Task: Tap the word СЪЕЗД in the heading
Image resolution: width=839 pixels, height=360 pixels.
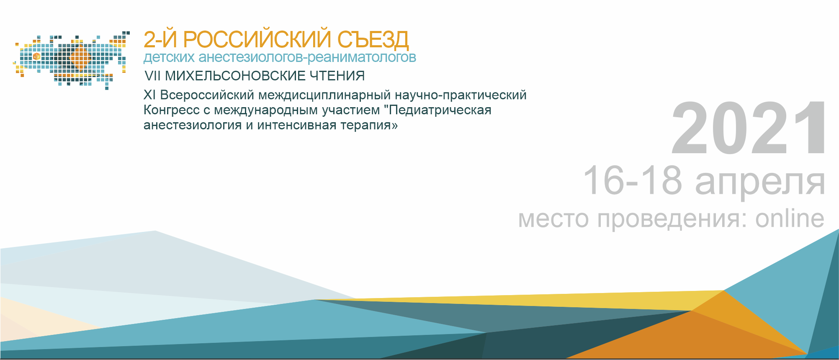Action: point(373,40)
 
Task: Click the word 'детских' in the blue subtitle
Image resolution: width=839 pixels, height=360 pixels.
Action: point(169,57)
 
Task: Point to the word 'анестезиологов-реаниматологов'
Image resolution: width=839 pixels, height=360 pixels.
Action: point(307,57)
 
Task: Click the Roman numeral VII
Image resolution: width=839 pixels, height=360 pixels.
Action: point(153,76)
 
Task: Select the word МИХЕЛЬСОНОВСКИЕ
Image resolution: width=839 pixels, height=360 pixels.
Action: point(236,76)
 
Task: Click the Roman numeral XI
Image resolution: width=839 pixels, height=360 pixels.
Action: point(149,95)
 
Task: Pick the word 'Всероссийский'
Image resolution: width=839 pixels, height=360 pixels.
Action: point(207,95)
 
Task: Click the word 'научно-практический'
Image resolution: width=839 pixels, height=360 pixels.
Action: point(461,95)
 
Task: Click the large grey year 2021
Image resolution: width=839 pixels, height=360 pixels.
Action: point(749,128)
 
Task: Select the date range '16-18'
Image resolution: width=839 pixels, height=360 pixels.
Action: point(633,180)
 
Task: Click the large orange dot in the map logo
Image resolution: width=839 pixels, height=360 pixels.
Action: point(80,58)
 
